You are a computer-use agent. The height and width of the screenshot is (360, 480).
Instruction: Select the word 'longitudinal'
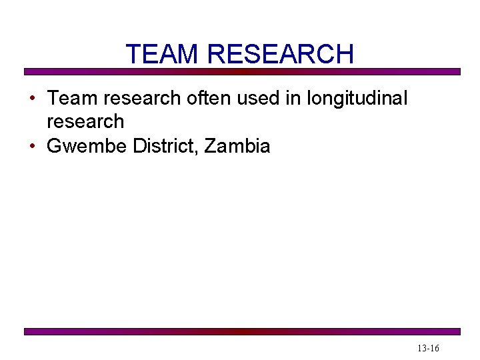coord(357,99)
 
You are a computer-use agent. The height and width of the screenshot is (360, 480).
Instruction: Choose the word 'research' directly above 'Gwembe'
coord(85,122)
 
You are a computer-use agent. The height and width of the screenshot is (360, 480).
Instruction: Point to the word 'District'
coord(164,147)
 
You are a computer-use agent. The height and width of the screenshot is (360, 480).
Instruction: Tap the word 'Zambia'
coord(237,147)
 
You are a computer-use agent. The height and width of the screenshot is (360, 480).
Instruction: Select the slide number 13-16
coord(428,349)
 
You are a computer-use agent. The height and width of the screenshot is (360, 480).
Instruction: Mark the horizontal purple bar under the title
coord(242,71)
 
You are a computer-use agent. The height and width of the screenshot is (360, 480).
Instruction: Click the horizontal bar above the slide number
coord(242,331)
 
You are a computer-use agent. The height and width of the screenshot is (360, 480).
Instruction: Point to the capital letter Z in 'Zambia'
coord(210,147)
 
